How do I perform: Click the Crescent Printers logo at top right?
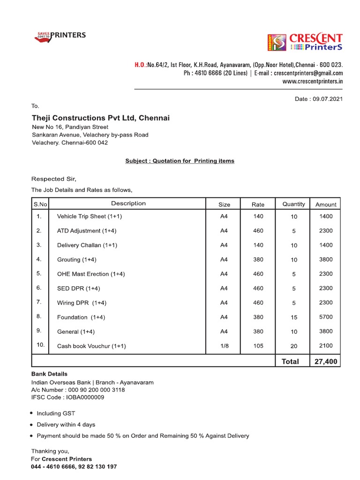pyautogui.click(x=305, y=43)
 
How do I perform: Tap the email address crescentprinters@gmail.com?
pyautogui.click(x=308, y=73)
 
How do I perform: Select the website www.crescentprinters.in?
pyautogui.click(x=312, y=81)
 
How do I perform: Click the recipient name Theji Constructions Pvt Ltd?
pyautogui.click(x=100, y=118)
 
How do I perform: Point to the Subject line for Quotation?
pyautogui.click(x=180, y=161)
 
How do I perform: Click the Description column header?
pyautogui.click(x=128, y=203)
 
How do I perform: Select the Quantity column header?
pyautogui.click(x=293, y=204)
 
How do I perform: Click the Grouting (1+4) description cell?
pyautogui.click(x=76, y=260)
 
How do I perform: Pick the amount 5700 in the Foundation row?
pyautogui.click(x=325, y=317)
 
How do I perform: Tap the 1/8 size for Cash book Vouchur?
pyautogui.click(x=224, y=346)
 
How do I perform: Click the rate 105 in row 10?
pyautogui.click(x=258, y=346)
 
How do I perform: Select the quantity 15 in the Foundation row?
pyautogui.click(x=294, y=317)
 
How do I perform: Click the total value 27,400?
pyautogui.click(x=325, y=361)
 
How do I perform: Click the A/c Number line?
pyautogui.click(x=78, y=390)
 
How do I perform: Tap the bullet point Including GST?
pyautogui.click(x=56, y=413)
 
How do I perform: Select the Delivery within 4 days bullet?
pyautogui.click(x=66, y=425)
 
